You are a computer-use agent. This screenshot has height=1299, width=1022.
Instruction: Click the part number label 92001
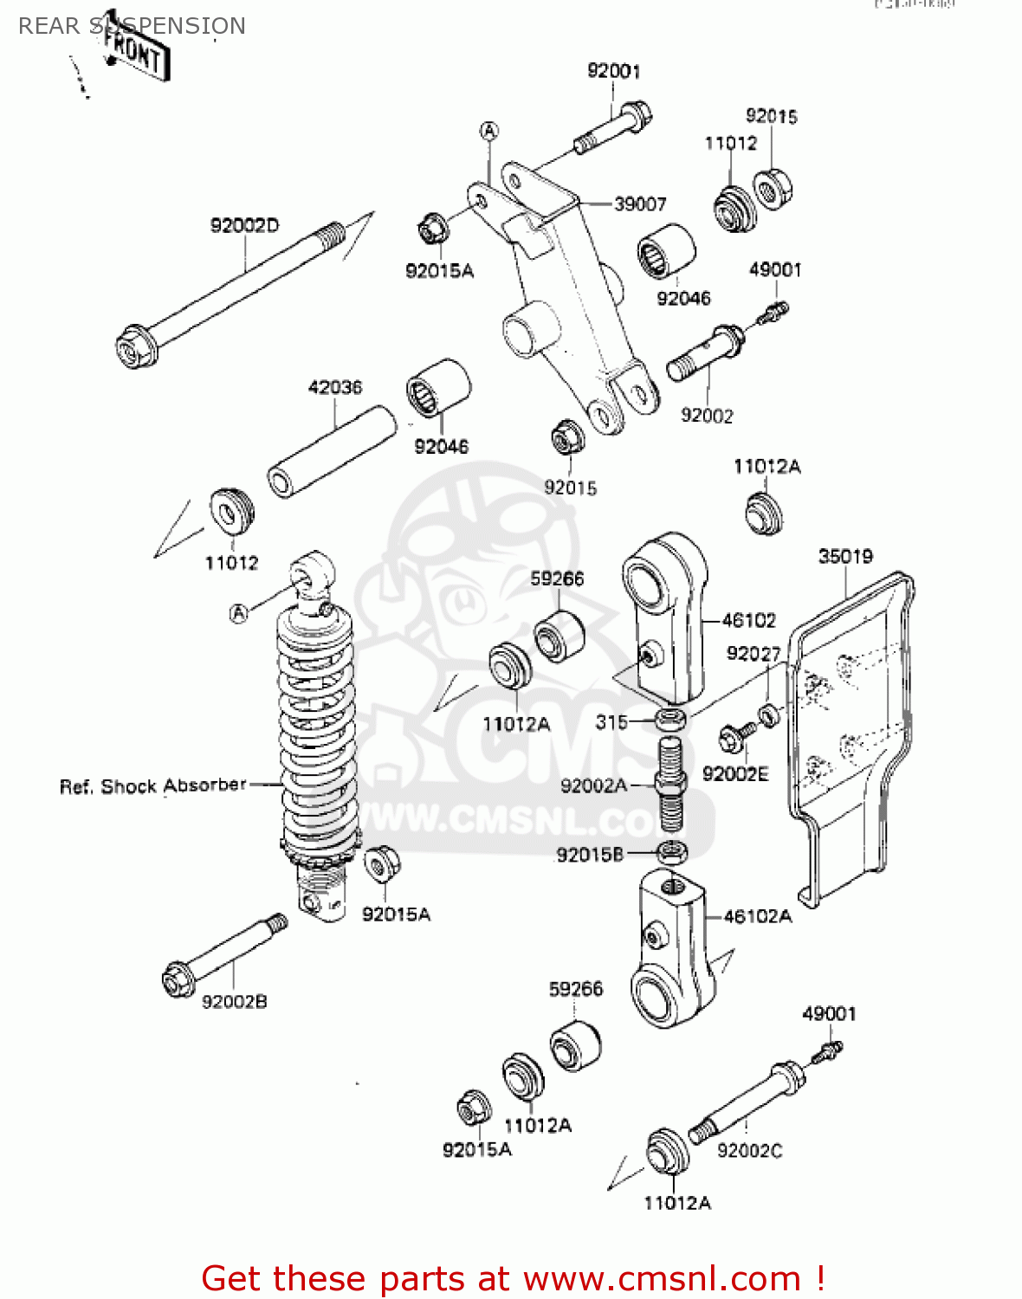coord(613,71)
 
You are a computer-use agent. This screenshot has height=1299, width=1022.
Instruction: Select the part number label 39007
coord(640,204)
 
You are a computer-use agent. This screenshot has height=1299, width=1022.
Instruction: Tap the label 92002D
coord(244,226)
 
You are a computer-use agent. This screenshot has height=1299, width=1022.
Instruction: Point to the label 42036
coord(335,387)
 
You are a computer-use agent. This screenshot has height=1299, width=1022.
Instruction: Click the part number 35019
coord(845,556)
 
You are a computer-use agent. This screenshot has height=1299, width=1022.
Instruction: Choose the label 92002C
coord(749,1150)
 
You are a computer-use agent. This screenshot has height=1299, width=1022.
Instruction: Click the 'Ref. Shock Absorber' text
coord(153,786)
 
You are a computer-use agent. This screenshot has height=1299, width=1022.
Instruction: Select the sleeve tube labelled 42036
coord(331,453)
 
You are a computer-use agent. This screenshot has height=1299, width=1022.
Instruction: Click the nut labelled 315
coord(670,720)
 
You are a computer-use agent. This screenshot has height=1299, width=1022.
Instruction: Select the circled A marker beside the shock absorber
coord(239,613)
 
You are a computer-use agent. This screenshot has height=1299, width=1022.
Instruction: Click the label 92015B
coord(590,855)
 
